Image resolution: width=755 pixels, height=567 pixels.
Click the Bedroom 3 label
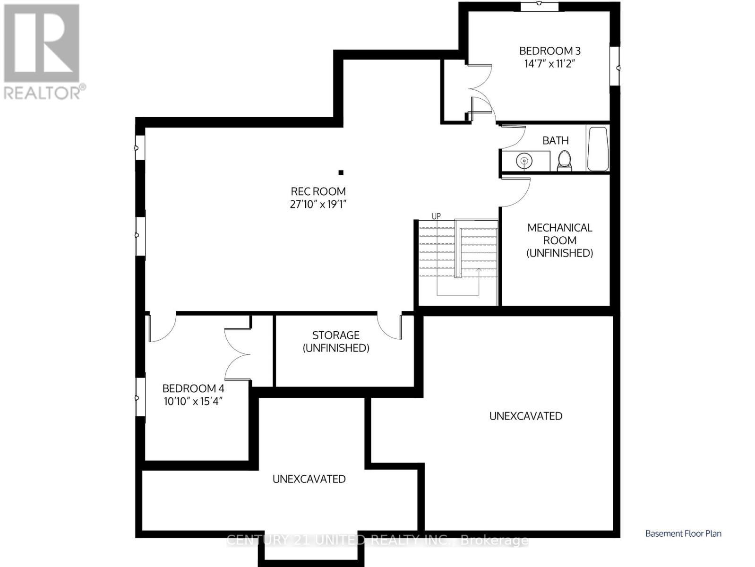pyautogui.click(x=550, y=51)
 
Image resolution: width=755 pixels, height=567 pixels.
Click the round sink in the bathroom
pyautogui.click(x=524, y=161)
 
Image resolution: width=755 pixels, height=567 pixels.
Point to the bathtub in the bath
pyautogui.click(x=598, y=148)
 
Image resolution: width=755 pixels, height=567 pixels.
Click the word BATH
pyautogui.click(x=556, y=140)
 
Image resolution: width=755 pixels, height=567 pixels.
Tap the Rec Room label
pyautogui.click(x=318, y=191)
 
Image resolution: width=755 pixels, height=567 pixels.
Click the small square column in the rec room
pyautogui.click(x=341, y=172)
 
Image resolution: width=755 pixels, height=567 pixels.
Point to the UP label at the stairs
pyautogui.click(x=436, y=216)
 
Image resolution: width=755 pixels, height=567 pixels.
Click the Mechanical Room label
pyautogui.click(x=559, y=240)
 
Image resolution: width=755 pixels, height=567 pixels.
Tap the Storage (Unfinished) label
pyautogui.click(x=336, y=341)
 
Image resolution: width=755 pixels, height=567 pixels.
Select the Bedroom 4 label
pyautogui.click(x=193, y=388)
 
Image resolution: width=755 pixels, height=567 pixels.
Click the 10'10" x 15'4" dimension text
pyautogui.click(x=193, y=402)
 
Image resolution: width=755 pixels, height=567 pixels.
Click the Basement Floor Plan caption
pyautogui.click(x=683, y=533)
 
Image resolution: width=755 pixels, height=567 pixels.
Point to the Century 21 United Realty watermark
pyautogui.click(x=377, y=540)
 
